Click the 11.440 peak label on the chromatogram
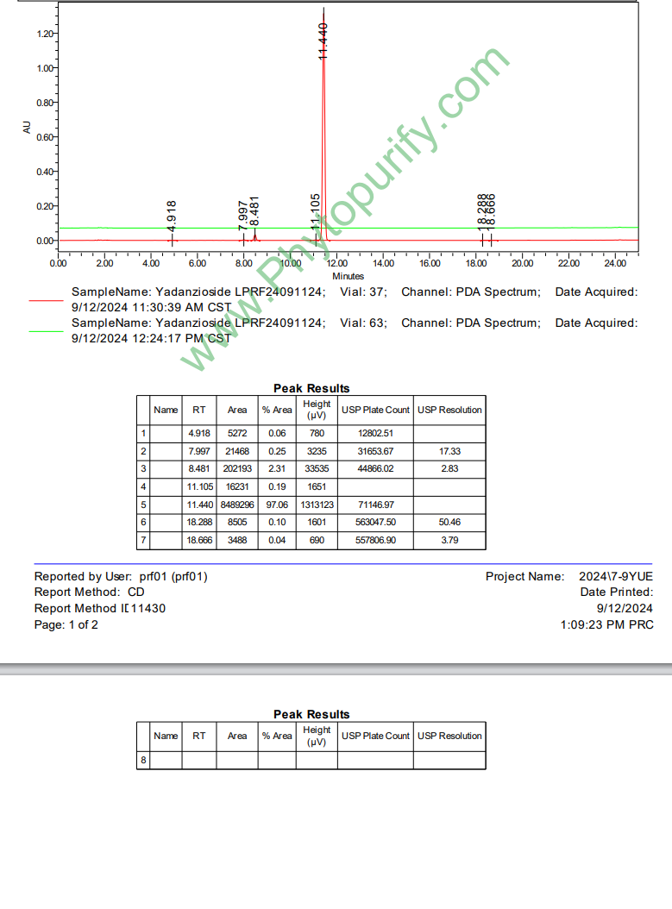(323, 41)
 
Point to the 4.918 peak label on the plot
(172, 215)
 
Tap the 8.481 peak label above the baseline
(254, 211)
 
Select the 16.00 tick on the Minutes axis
(430, 263)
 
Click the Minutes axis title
(348, 276)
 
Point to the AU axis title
(27, 128)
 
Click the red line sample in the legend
(46, 300)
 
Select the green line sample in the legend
(46, 331)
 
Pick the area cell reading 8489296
(236, 505)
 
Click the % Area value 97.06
(277, 505)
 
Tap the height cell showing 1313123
(317, 505)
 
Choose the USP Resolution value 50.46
(449, 523)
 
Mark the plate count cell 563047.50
(375, 523)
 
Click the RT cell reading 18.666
(198, 540)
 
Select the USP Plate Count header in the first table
(375, 410)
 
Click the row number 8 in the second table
(143, 760)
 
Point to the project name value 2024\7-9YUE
(617, 576)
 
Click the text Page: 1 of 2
(66, 624)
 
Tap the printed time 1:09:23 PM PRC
(606, 624)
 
